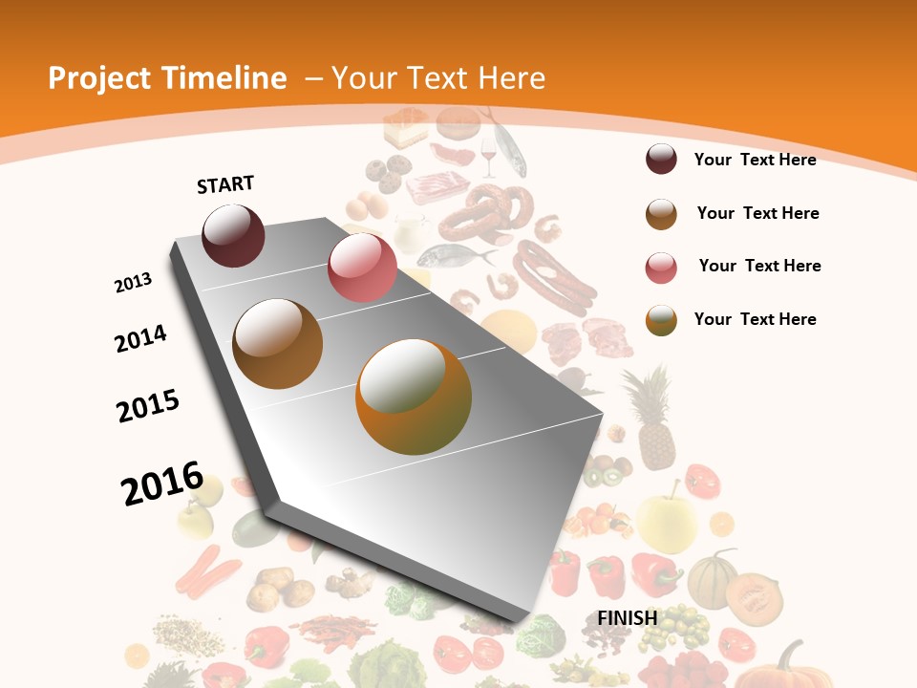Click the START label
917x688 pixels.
(225, 184)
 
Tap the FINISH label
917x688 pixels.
(627, 618)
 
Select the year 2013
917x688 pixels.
(133, 283)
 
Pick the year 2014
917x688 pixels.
(140, 338)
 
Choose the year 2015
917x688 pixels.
(148, 406)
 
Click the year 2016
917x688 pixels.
(162, 484)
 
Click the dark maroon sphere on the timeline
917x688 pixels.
(233, 235)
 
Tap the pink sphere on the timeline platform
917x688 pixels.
(362, 268)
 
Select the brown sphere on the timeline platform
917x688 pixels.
(277, 343)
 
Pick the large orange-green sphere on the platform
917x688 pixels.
(413, 397)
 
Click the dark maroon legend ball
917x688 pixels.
(661, 160)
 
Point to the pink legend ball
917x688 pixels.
(661, 268)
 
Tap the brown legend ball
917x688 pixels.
(661, 214)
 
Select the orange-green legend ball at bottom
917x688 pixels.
(661, 320)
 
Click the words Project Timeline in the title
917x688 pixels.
(167, 78)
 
